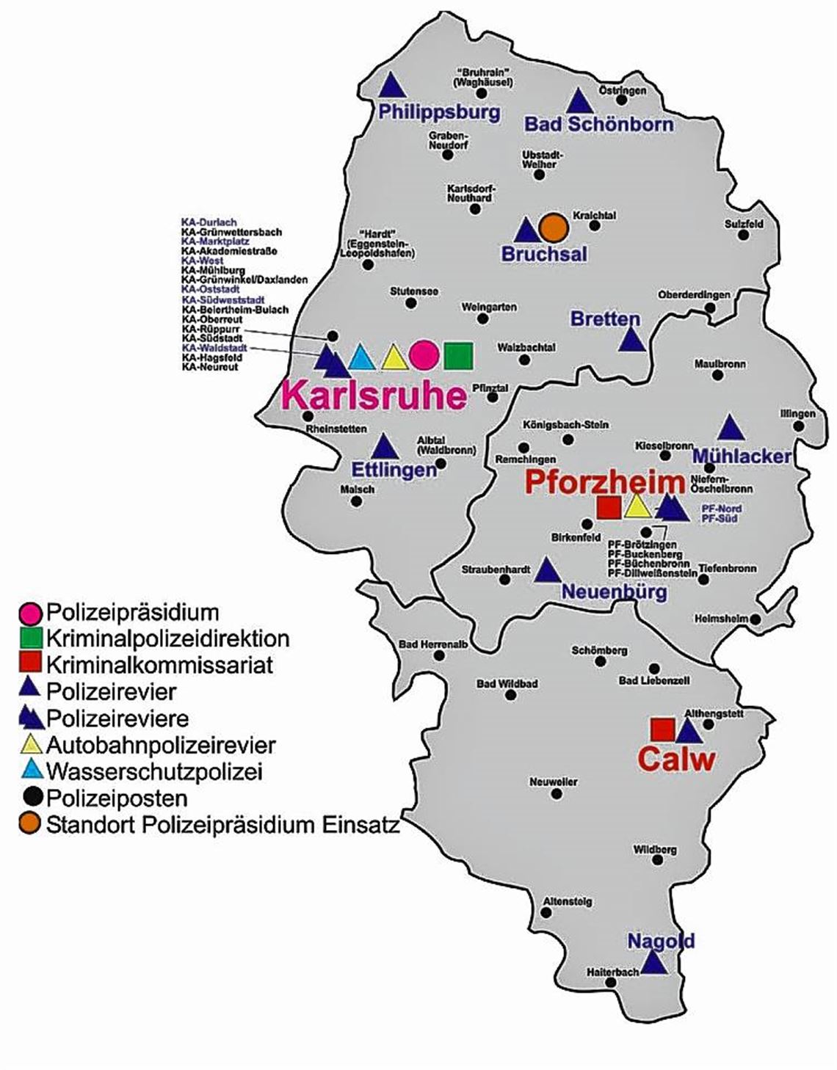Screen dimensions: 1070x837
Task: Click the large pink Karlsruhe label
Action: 374,397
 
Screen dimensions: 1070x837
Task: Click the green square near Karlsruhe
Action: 458,356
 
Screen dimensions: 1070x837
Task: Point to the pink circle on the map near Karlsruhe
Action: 424,356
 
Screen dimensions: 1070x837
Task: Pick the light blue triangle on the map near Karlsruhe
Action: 360,357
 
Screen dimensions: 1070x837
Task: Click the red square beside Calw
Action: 663,730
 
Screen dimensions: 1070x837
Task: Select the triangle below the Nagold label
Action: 653,964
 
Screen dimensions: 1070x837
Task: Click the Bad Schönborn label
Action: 598,124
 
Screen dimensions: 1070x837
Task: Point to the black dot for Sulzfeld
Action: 744,235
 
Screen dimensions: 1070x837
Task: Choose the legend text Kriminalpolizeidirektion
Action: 167,638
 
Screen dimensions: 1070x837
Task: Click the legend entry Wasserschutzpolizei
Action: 154,771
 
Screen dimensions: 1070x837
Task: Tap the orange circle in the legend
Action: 30,824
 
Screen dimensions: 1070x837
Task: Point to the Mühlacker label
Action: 742,456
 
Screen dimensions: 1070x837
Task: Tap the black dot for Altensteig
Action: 546,912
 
